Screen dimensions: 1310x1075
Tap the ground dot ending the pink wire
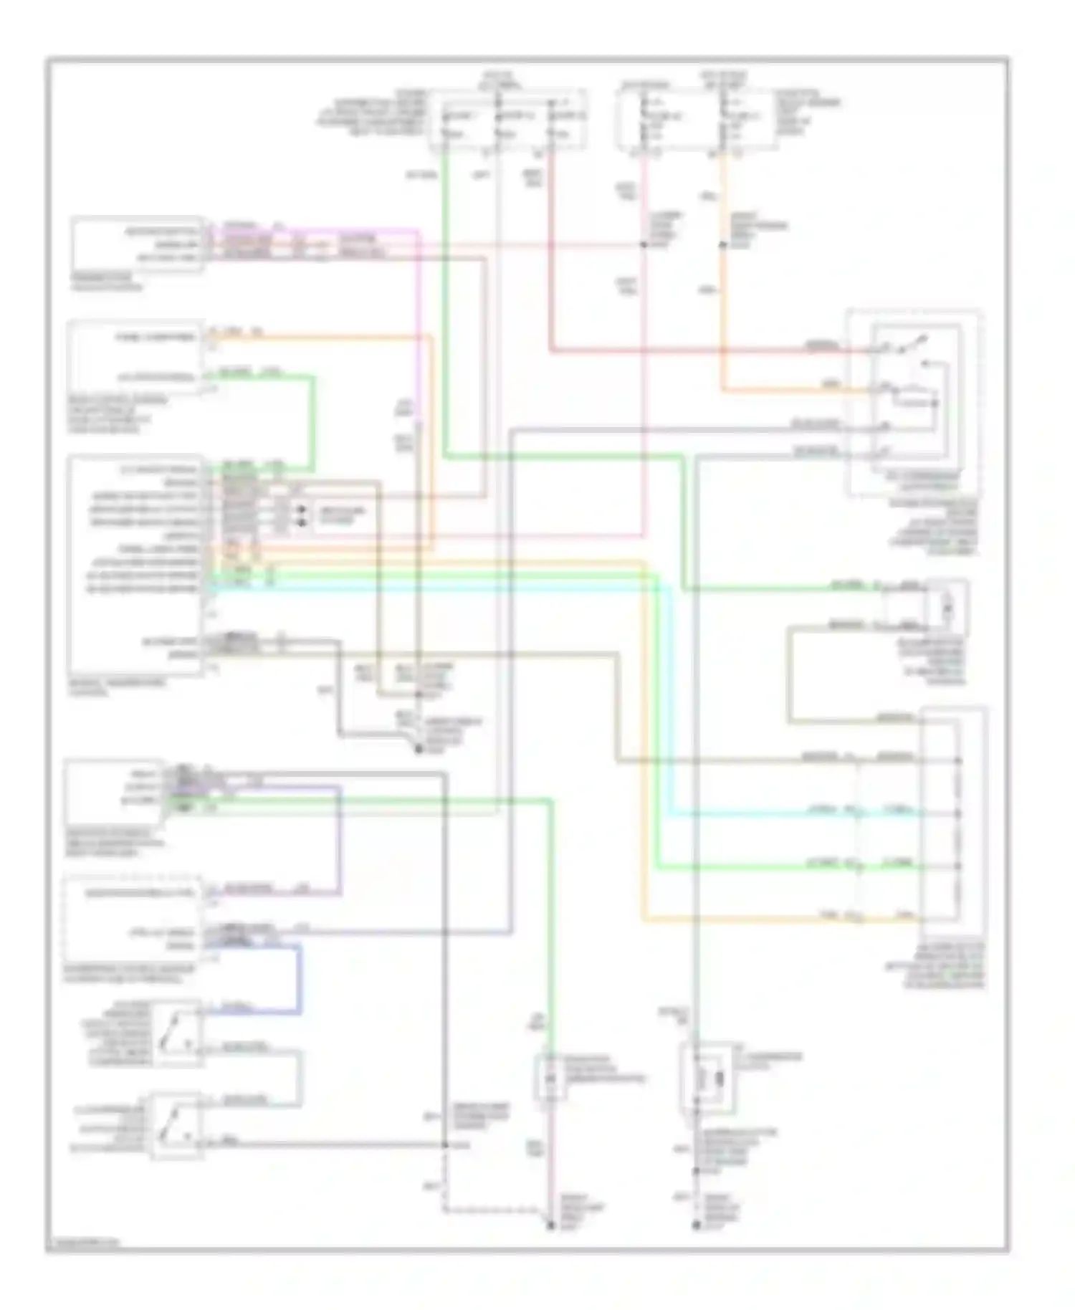pyautogui.click(x=551, y=1226)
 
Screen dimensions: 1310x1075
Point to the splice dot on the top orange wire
pyautogui.click(x=722, y=246)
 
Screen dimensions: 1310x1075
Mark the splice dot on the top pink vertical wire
pyautogui.click(x=643, y=246)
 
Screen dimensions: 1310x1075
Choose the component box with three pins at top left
pyautogui.click(x=136, y=245)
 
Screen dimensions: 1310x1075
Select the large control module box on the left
pyautogui.click(x=135, y=566)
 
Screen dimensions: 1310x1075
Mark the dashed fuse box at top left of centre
pyautogui.click(x=507, y=120)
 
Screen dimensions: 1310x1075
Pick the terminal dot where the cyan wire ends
pyautogui.click(x=959, y=814)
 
